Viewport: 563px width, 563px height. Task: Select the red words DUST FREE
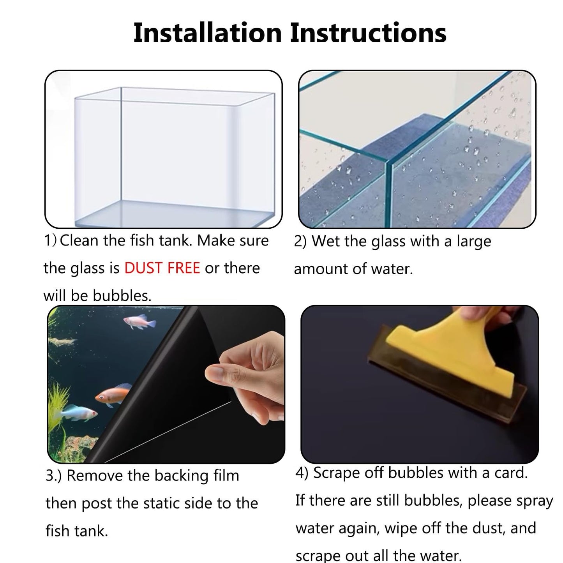pos(162,268)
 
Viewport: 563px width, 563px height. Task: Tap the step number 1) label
pos(51,240)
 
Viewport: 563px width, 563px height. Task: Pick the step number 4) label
pos(302,473)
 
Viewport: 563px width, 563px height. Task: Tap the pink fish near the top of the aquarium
pos(139,322)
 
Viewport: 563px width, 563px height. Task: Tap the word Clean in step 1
pos(79,240)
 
